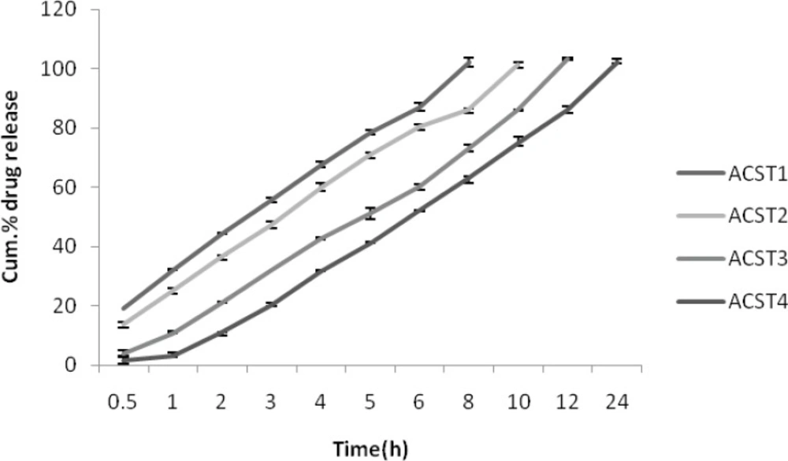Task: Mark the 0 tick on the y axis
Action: coord(77,365)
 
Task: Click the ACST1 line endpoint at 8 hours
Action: coord(468,61)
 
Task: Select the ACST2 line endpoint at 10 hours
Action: coord(518,64)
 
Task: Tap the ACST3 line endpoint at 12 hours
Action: coord(567,58)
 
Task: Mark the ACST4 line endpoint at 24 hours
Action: coord(616,60)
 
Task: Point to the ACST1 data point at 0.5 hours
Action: coord(124,308)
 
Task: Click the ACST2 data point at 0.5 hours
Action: coord(124,324)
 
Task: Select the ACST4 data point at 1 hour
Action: coord(173,355)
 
